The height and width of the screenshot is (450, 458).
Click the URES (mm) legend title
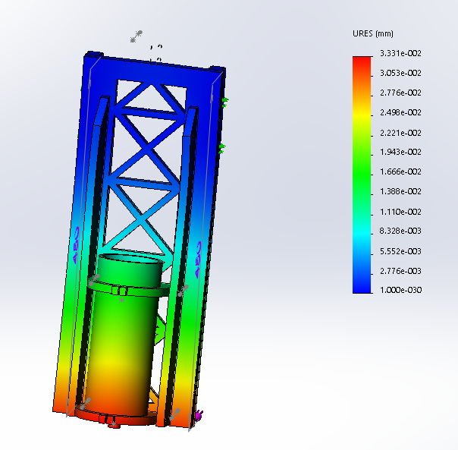pos(373,33)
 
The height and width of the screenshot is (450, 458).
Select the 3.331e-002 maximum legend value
pos(400,53)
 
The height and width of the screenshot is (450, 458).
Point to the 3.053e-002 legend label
pos(400,73)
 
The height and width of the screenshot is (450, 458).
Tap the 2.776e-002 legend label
pos(400,93)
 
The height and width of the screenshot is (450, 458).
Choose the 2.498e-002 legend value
pos(400,112)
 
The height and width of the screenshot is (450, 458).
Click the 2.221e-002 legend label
pos(400,133)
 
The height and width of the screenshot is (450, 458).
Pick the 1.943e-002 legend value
pos(400,152)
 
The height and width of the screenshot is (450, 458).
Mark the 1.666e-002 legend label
pos(400,172)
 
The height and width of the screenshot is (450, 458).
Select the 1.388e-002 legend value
pos(400,191)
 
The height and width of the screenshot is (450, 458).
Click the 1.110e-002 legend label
pos(400,212)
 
